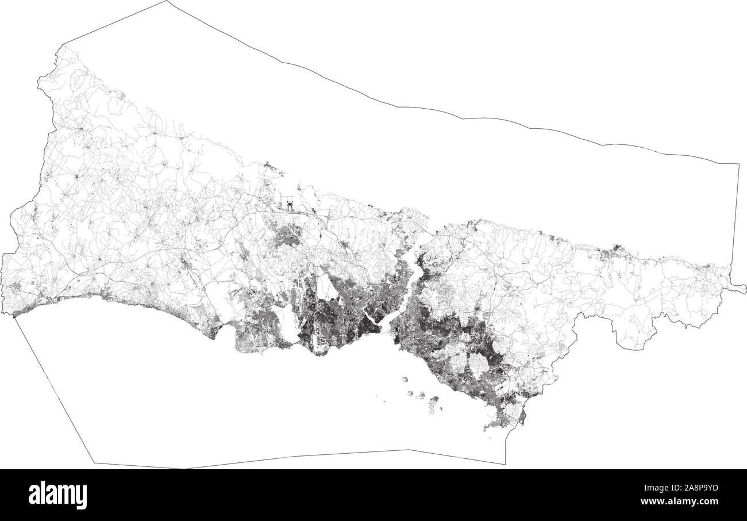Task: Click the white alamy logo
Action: [x=57, y=495]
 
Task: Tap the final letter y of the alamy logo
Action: [x=82, y=497]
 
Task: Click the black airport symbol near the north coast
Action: [x=289, y=204]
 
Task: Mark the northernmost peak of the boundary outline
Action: [x=167, y=1]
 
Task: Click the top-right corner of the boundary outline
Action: [x=739, y=164]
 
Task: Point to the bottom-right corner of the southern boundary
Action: [x=505, y=463]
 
